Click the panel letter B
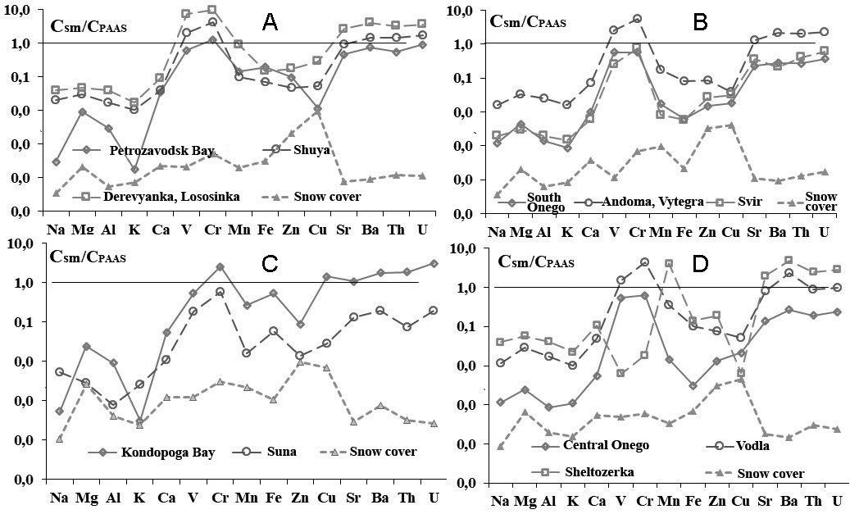[x=700, y=23]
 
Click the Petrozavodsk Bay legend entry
[x=161, y=151]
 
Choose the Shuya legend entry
[x=313, y=150]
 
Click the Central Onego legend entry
[x=606, y=445]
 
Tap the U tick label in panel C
[x=433, y=498]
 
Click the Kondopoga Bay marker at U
[x=433, y=263]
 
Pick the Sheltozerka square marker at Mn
[x=669, y=264]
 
